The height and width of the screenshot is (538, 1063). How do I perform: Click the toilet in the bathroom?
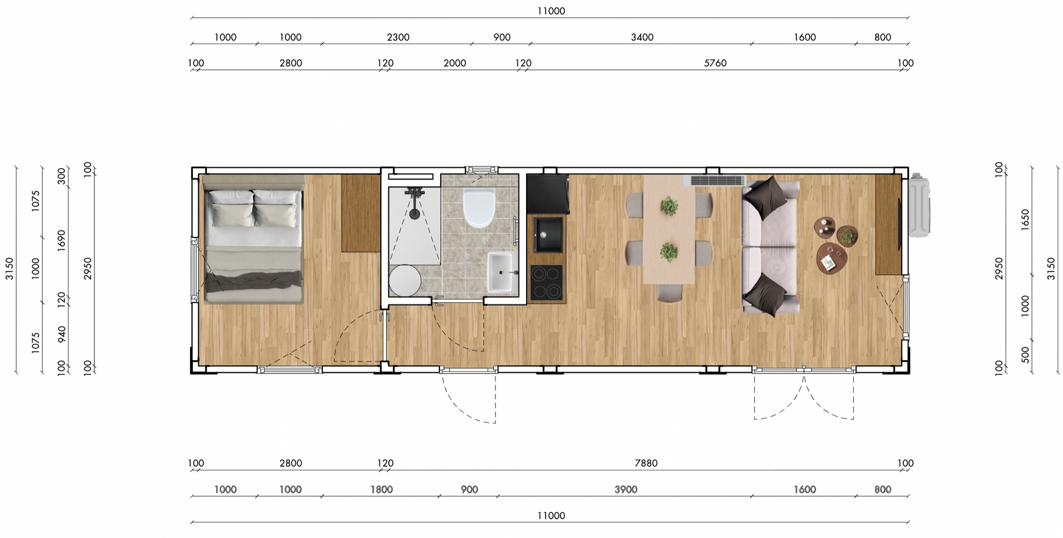click(479, 208)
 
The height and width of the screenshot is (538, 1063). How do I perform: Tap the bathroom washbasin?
click(500, 272)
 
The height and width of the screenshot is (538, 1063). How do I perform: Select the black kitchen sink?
click(548, 235)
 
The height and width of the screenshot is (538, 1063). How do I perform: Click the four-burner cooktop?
click(547, 283)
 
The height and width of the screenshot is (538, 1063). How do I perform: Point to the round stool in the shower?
click(405, 281)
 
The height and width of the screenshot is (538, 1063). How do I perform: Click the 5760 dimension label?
click(715, 63)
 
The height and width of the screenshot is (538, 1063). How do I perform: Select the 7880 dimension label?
click(646, 463)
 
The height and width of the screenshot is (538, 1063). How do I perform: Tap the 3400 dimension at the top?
click(642, 37)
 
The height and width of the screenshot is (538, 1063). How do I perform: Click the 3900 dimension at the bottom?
click(626, 489)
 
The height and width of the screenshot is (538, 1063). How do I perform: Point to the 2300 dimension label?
click(398, 37)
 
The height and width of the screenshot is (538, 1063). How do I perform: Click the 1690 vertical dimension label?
click(61, 240)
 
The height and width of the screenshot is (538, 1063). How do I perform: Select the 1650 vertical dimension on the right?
click(1025, 220)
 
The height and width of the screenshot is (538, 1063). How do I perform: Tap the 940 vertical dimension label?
click(61, 335)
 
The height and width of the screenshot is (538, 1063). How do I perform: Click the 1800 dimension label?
click(382, 489)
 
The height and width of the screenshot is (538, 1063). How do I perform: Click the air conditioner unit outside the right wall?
click(920, 205)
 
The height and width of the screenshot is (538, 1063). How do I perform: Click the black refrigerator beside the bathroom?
click(547, 194)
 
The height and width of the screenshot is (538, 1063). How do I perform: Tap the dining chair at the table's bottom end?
click(669, 293)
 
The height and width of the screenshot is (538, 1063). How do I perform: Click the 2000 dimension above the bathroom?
click(454, 63)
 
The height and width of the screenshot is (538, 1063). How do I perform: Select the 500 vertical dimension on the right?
click(1025, 355)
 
